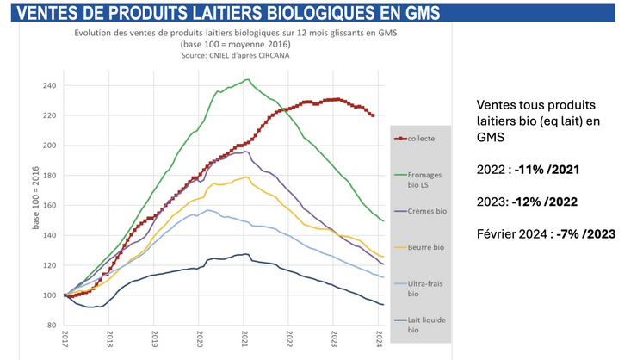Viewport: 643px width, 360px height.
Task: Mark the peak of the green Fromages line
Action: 247,80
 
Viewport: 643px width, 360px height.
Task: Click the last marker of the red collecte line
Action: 372,115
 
